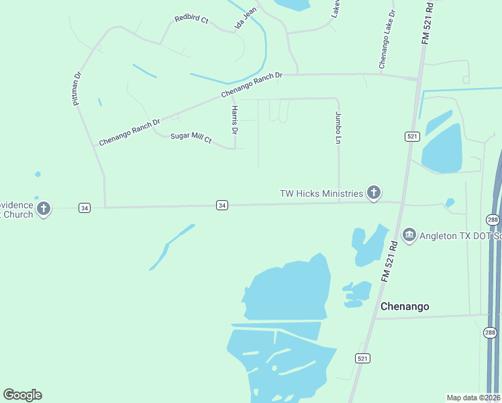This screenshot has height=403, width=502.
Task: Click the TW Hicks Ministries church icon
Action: [374, 193]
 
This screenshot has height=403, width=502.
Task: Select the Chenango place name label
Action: [405, 306]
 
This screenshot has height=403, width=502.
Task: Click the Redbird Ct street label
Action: [191, 20]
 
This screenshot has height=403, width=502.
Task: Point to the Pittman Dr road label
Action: [77, 89]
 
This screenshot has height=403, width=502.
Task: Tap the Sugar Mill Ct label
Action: [191, 138]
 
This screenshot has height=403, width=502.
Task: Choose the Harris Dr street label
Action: [234, 119]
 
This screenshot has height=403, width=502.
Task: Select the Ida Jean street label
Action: [245, 23]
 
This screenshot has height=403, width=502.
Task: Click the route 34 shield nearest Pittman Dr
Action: [84, 208]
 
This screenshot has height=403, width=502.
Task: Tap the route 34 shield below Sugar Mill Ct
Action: [221, 205]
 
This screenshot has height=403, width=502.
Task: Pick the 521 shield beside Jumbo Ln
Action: [413, 136]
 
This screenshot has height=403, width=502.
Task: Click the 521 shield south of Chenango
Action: [362, 359]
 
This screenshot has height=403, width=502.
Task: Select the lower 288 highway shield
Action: [490, 332]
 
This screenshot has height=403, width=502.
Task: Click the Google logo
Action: [22, 395]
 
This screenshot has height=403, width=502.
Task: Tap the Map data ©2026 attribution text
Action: [473, 397]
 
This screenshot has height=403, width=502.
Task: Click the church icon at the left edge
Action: [44, 209]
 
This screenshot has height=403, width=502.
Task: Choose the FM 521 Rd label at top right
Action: [428, 23]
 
